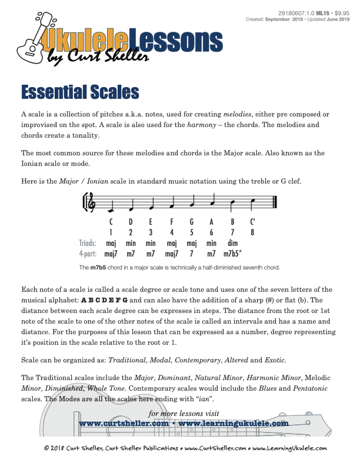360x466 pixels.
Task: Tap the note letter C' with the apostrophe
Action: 252,222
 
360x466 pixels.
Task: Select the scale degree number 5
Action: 192,232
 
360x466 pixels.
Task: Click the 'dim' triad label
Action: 232,243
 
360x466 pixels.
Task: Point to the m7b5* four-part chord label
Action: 235,254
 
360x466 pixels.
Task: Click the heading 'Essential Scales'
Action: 80,92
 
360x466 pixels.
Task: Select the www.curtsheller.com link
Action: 124,423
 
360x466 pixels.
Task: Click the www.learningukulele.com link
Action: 232,423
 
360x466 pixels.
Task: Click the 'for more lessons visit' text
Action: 184,413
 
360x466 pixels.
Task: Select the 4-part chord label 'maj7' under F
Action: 172,254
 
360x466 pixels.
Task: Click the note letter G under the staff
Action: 192,222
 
